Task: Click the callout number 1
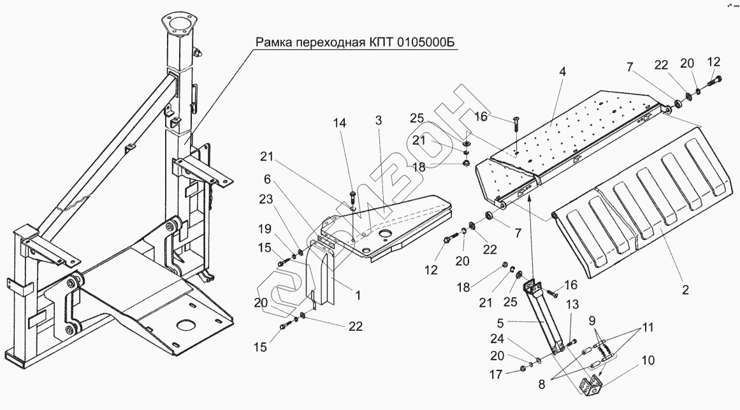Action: [358, 295]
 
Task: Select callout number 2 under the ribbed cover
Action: [685, 290]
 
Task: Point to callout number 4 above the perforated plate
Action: [563, 72]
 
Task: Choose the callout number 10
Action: [648, 360]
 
